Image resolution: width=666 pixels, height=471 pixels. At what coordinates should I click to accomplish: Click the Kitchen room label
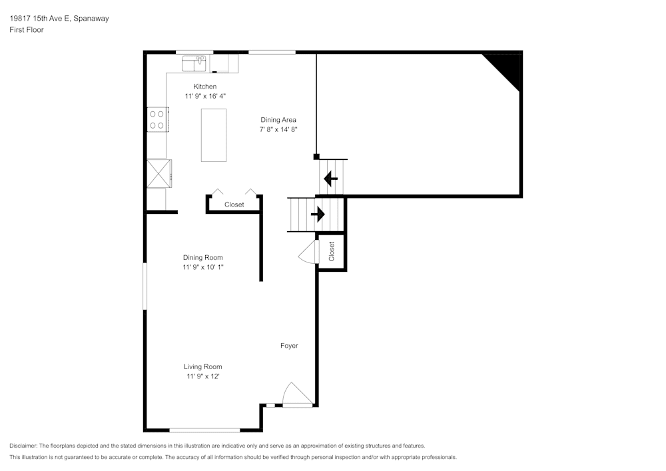pyautogui.click(x=204, y=87)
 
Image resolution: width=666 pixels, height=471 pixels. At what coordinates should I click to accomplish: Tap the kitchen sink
pyautogui.click(x=196, y=63)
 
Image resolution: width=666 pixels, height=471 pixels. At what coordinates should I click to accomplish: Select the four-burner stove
pyautogui.click(x=157, y=119)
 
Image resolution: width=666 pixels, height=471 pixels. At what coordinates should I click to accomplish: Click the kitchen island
pyautogui.click(x=214, y=135)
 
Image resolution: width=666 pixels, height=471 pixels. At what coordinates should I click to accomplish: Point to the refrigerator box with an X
pyautogui.click(x=159, y=173)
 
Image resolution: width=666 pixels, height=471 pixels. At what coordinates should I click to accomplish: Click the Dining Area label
pyautogui.click(x=278, y=120)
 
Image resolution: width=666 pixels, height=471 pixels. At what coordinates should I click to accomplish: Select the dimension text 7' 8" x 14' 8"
pyautogui.click(x=278, y=130)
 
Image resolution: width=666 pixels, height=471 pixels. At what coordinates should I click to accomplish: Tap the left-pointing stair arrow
pyautogui.click(x=330, y=179)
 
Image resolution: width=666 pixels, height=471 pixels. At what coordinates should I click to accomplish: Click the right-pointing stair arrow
pyautogui.click(x=317, y=215)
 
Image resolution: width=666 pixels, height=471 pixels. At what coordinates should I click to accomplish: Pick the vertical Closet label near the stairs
pyautogui.click(x=332, y=251)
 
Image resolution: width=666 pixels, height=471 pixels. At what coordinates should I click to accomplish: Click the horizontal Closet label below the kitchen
pyautogui.click(x=234, y=205)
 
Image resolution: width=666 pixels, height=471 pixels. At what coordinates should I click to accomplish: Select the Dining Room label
pyautogui.click(x=203, y=258)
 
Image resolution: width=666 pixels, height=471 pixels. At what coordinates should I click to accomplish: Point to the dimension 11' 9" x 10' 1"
pyautogui.click(x=203, y=268)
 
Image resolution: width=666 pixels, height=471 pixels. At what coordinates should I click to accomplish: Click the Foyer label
pyautogui.click(x=289, y=346)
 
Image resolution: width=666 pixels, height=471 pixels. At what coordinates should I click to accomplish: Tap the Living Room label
pyautogui.click(x=203, y=366)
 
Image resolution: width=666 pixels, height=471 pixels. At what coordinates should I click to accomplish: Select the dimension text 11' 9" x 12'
pyautogui.click(x=203, y=376)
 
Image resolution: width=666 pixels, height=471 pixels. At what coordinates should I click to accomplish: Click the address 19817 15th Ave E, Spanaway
pyautogui.click(x=59, y=19)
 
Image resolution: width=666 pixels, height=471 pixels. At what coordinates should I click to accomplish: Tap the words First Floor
pyautogui.click(x=27, y=30)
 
